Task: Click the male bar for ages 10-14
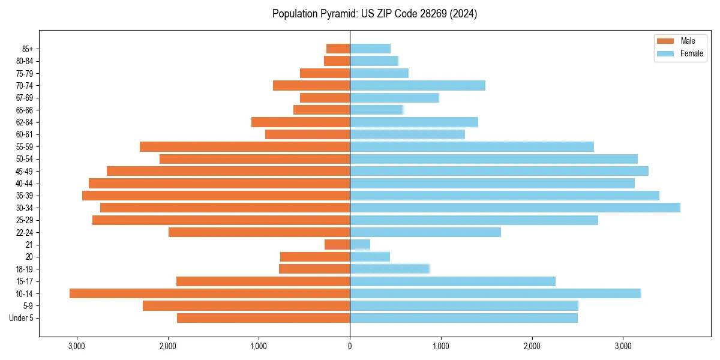coord(210,293)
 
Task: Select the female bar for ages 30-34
coord(515,208)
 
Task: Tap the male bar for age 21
coord(337,244)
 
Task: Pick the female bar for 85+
coord(370,49)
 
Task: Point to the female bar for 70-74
coord(418,85)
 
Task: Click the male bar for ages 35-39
coord(216,196)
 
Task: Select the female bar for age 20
coord(370,257)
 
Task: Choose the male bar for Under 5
coord(263,318)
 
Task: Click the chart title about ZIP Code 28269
coord(374,14)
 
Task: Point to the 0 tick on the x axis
coord(350,346)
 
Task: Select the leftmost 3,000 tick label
coord(76,346)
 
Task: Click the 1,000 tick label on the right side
coord(441,346)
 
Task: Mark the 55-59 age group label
coord(23,146)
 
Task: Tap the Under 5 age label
coord(21,318)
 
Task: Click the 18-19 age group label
coord(23,269)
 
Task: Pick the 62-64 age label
coord(23,122)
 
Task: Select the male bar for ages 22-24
coord(259,232)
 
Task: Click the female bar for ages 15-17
coord(452,281)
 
